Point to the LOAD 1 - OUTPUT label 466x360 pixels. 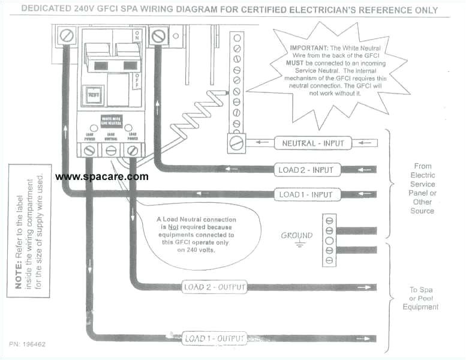click(214, 338)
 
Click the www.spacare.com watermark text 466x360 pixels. click(101, 176)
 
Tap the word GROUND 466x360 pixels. click(297, 235)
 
